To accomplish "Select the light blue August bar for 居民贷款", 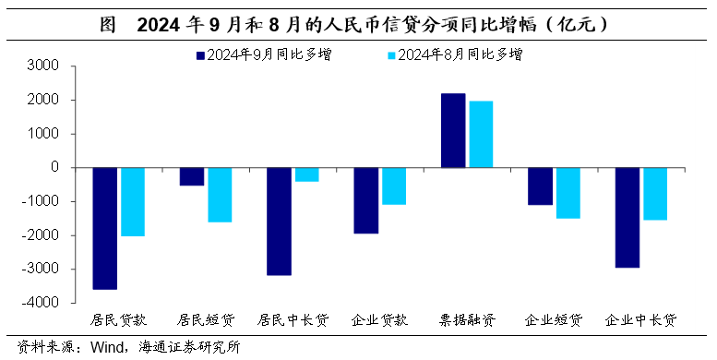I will (x=133, y=201).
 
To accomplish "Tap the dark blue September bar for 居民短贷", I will (x=191, y=176).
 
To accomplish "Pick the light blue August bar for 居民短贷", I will (x=220, y=195).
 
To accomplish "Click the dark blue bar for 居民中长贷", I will (x=279, y=222).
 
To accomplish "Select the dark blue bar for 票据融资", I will (x=453, y=130).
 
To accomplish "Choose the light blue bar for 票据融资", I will (x=481, y=134).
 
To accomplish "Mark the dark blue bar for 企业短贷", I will (x=539, y=186).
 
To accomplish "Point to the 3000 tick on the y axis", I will (x=43, y=66).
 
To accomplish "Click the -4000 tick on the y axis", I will (x=42, y=303).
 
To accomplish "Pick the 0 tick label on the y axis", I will (x=55, y=168).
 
